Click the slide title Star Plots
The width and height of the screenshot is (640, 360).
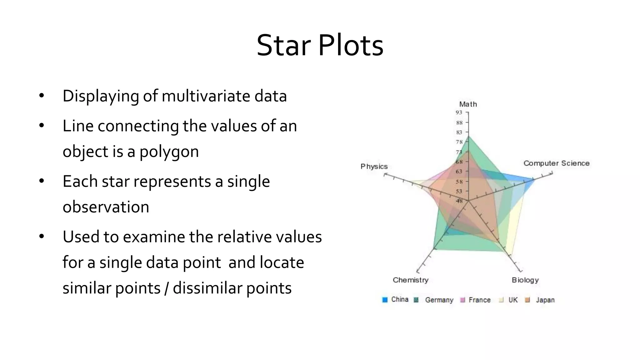tap(320, 46)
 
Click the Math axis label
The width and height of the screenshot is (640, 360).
tap(468, 104)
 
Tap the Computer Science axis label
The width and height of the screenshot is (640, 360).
tap(556, 163)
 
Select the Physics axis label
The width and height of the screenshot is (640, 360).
tap(374, 166)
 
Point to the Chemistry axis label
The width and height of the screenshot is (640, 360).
tap(410, 280)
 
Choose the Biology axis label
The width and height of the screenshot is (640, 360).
tap(525, 280)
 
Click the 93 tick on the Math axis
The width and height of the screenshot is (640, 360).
tap(459, 112)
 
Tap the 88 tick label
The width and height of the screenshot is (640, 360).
tap(459, 122)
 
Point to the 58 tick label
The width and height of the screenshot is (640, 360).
tap(459, 181)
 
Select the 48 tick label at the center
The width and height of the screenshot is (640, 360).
tap(459, 201)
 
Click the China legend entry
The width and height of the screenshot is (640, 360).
tap(396, 299)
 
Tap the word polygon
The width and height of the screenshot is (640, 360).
tap(169, 152)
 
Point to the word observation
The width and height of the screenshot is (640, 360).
tap(106, 207)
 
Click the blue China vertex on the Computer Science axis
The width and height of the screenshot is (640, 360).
tap(534, 179)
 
